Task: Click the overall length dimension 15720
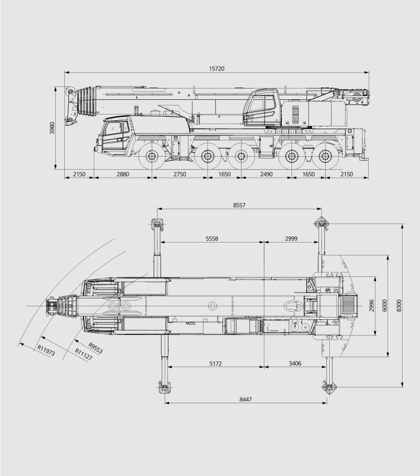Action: [x=216, y=69]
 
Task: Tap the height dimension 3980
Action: [x=52, y=128]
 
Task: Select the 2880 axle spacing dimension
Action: [x=122, y=174]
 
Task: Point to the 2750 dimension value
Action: [x=179, y=174]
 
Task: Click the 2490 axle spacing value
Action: [x=267, y=174]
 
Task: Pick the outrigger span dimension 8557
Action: [x=239, y=205]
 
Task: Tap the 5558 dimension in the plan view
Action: [x=212, y=239]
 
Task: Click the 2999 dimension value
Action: [x=291, y=239]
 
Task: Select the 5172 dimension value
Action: [x=215, y=363]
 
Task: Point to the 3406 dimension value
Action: [x=295, y=363]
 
